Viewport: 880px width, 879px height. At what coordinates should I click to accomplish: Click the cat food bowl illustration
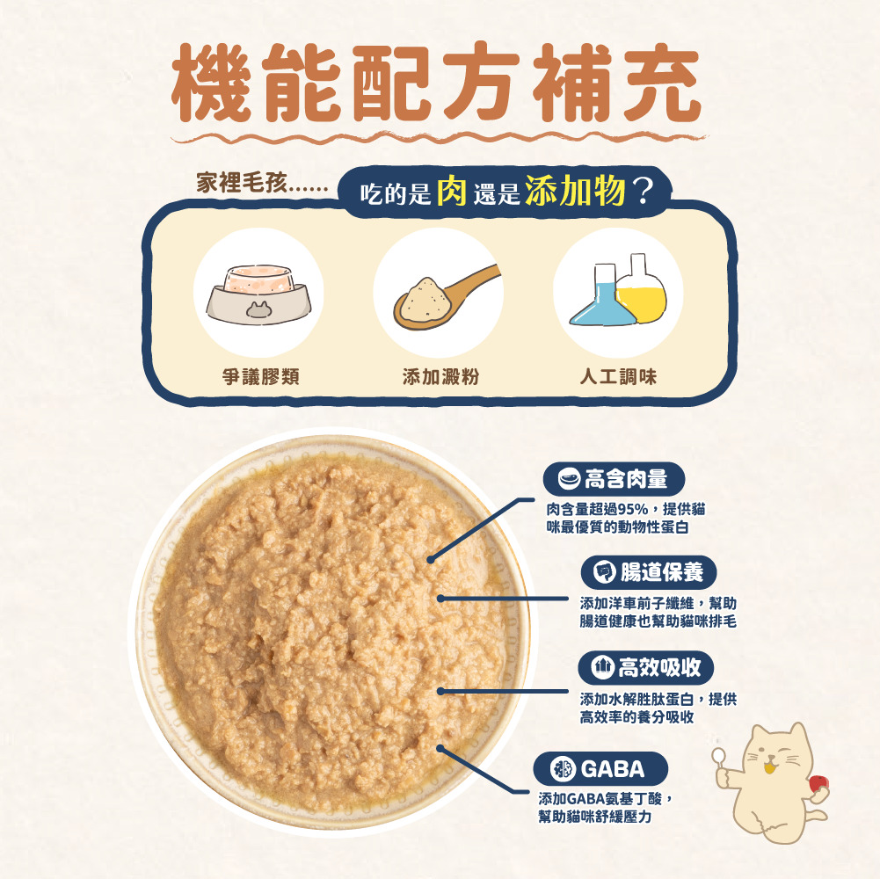click(x=258, y=293)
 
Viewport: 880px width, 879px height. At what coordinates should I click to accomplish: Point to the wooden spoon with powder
click(x=440, y=294)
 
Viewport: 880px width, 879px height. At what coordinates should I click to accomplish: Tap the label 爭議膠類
click(x=260, y=377)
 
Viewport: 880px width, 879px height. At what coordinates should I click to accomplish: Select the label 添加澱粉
click(x=440, y=377)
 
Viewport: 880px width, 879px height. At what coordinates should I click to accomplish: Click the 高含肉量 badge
click(x=614, y=479)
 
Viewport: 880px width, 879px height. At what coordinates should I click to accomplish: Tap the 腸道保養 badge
click(x=649, y=573)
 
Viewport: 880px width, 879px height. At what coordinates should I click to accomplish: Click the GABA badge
click(x=601, y=770)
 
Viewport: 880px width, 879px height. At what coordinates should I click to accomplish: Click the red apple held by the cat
click(x=818, y=784)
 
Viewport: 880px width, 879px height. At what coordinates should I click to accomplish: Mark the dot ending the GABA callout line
click(x=441, y=749)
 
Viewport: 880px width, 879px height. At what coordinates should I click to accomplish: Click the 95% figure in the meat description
click(x=635, y=510)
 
